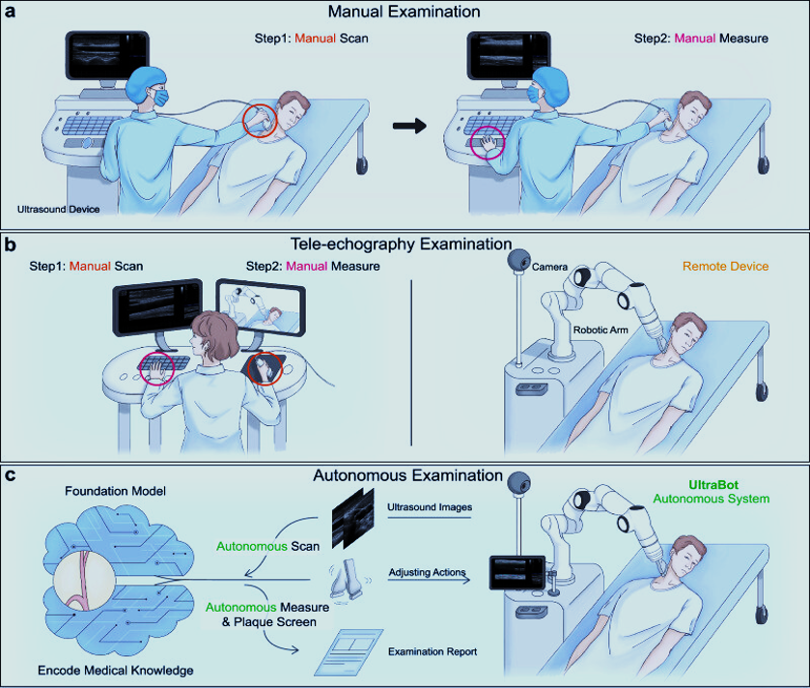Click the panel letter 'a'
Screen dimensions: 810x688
tap(10, 12)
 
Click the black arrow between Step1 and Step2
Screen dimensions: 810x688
tap(409, 126)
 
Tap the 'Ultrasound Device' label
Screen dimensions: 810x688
tap(58, 210)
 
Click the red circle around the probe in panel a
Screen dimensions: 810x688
tap(261, 121)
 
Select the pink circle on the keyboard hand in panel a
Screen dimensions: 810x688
tap(488, 143)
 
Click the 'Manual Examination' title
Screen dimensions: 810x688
tap(404, 12)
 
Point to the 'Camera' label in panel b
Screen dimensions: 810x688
tap(549, 268)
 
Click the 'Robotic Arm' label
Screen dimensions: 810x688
tap(601, 330)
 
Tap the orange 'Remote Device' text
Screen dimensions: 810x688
tap(725, 266)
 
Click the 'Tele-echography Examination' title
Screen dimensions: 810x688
tap(401, 244)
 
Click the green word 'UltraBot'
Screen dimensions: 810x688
tap(713, 485)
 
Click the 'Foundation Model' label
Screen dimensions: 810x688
tap(115, 491)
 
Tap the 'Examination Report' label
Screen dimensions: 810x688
tap(433, 652)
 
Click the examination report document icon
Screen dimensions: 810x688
tap(349, 652)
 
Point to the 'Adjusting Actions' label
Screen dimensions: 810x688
tap(428, 572)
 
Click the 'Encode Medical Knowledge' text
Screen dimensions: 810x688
tap(116, 671)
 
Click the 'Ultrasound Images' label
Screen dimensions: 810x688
tap(430, 507)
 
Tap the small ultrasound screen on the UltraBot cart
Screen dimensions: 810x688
tap(517, 573)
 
